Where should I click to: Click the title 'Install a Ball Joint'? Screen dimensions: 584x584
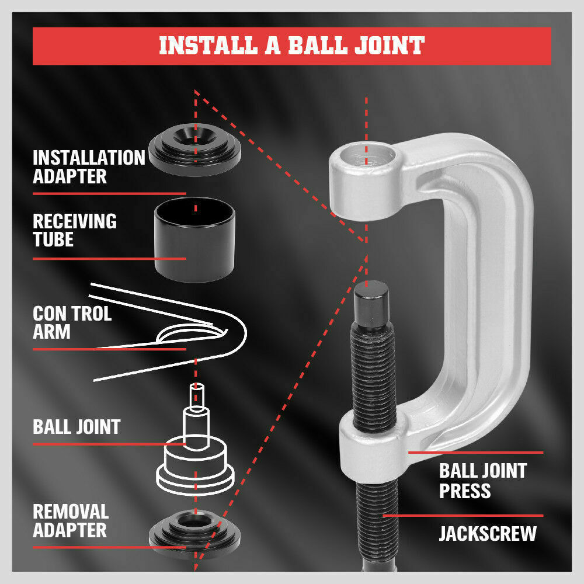tap(291, 46)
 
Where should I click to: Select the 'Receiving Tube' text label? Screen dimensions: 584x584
tap(74, 230)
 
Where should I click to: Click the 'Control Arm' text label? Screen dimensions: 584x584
tap(72, 322)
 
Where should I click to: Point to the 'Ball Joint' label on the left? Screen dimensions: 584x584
tap(77, 426)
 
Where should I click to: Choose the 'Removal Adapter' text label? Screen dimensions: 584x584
tap(71, 521)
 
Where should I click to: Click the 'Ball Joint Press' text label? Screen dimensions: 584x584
tap(482, 480)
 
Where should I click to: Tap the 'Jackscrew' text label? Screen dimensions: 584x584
tap(487, 534)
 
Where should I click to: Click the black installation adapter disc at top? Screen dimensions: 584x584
tap(195, 150)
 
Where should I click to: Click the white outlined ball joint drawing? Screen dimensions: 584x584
tap(195, 456)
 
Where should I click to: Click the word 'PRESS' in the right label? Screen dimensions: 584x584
tap(464, 491)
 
